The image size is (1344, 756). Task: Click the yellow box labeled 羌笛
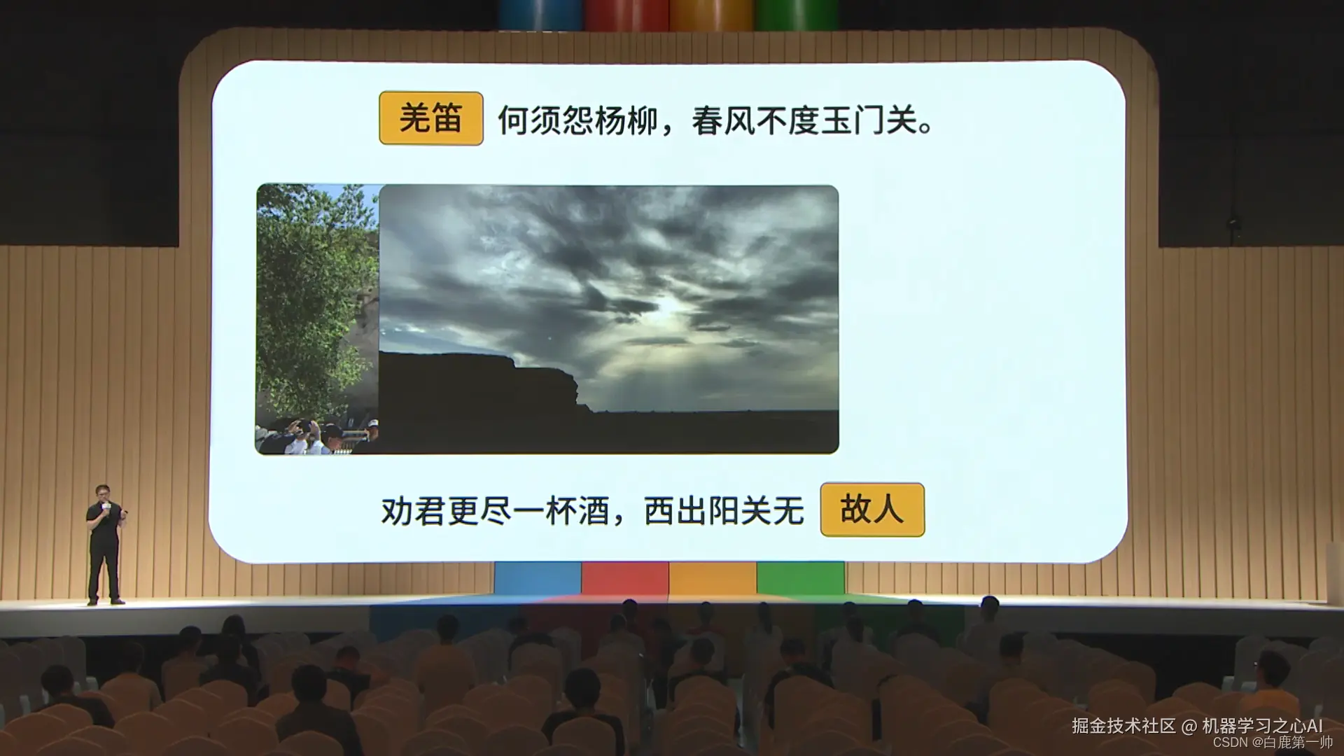[430, 118]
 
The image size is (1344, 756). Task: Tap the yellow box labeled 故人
[872, 510]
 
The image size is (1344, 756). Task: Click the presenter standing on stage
[104, 543]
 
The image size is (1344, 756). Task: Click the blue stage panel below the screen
[538, 577]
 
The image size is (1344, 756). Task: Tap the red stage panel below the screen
[625, 577]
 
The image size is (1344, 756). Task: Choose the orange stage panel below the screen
[713, 577]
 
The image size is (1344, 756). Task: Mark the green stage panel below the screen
[800, 577]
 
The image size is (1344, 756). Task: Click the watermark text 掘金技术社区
[1123, 726]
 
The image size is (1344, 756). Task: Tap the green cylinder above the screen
[796, 14]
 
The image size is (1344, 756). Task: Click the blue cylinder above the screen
[540, 14]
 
